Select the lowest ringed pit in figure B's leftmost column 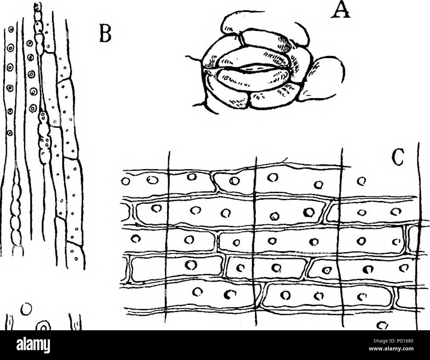click(x=10, y=133)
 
